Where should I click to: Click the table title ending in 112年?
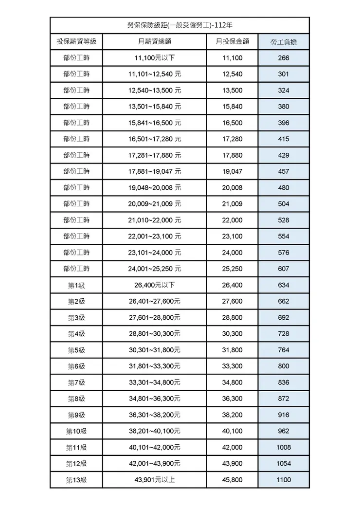tap(180, 25)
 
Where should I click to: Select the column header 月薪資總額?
tap(155, 42)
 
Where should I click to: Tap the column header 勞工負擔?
tap(284, 42)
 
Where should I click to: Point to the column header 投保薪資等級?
tap(76, 42)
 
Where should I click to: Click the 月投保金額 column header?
tap(232, 42)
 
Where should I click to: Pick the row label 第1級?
tap(76, 285)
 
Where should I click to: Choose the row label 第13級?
tap(76, 480)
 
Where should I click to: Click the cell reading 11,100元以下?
tap(155, 58)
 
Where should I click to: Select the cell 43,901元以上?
tap(155, 480)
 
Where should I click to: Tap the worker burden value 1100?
tap(284, 480)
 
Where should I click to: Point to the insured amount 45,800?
tap(232, 480)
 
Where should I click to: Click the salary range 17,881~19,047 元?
tap(155, 171)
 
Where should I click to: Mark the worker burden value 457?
tap(284, 171)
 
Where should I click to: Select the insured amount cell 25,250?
tap(232, 269)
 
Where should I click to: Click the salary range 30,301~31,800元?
tap(155, 350)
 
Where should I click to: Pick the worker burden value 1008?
tap(284, 447)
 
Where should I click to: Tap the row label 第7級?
tap(76, 382)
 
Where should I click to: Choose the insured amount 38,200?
tap(232, 415)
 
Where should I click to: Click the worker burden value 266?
tap(284, 58)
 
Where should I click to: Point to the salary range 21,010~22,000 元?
tap(155, 220)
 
